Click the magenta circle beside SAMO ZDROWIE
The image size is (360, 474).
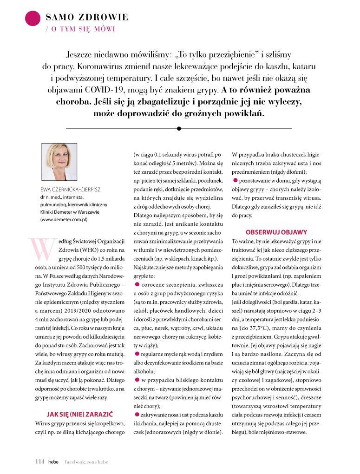point(32,18)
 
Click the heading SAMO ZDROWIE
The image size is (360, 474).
point(87,18)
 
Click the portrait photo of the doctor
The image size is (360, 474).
point(59,162)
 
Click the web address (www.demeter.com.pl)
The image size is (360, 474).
point(64,219)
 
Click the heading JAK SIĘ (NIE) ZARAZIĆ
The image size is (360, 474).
point(80,414)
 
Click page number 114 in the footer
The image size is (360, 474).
point(39,461)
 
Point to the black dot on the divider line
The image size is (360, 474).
point(179,128)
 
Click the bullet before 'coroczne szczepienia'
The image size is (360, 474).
point(137,283)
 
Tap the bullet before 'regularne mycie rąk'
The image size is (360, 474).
point(137,354)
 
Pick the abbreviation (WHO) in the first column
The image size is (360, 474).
point(45,250)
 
